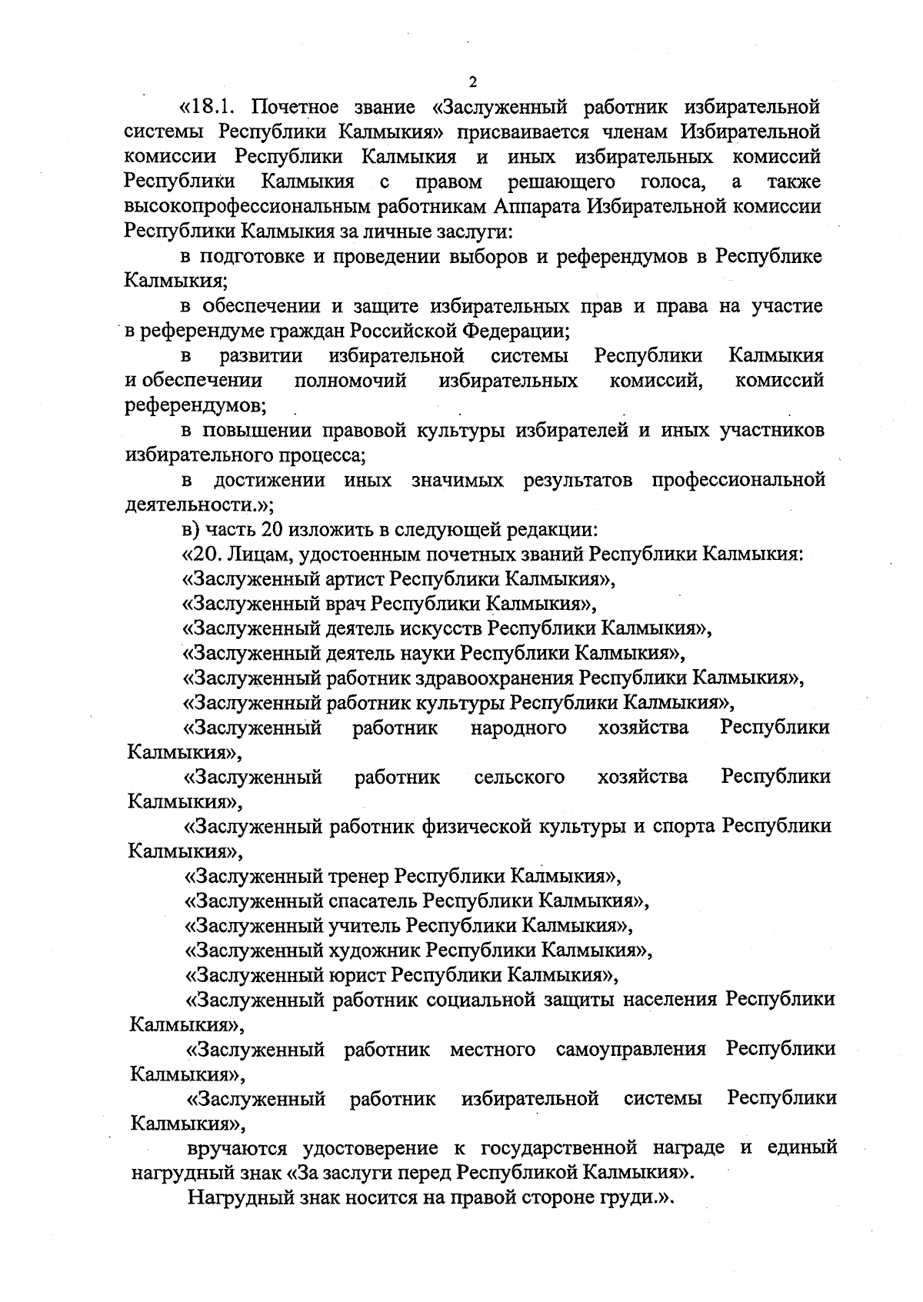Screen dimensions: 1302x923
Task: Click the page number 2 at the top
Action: [x=473, y=82]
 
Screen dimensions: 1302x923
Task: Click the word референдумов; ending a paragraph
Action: [x=195, y=405]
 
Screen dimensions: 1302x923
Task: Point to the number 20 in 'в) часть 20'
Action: [x=262, y=529]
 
